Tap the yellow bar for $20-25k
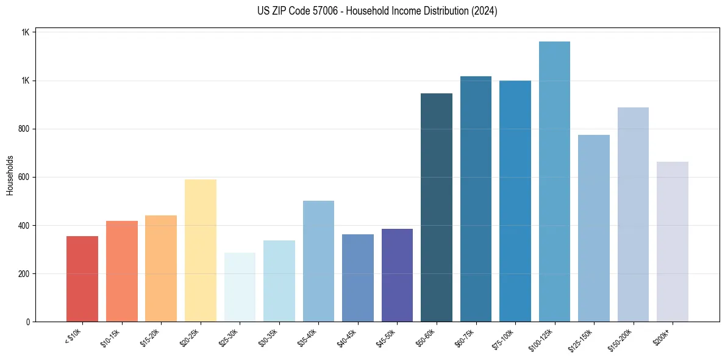200,251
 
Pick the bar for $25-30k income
240,287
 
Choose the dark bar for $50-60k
437,207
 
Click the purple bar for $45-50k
397,275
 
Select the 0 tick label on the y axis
27,322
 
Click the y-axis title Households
10,175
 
